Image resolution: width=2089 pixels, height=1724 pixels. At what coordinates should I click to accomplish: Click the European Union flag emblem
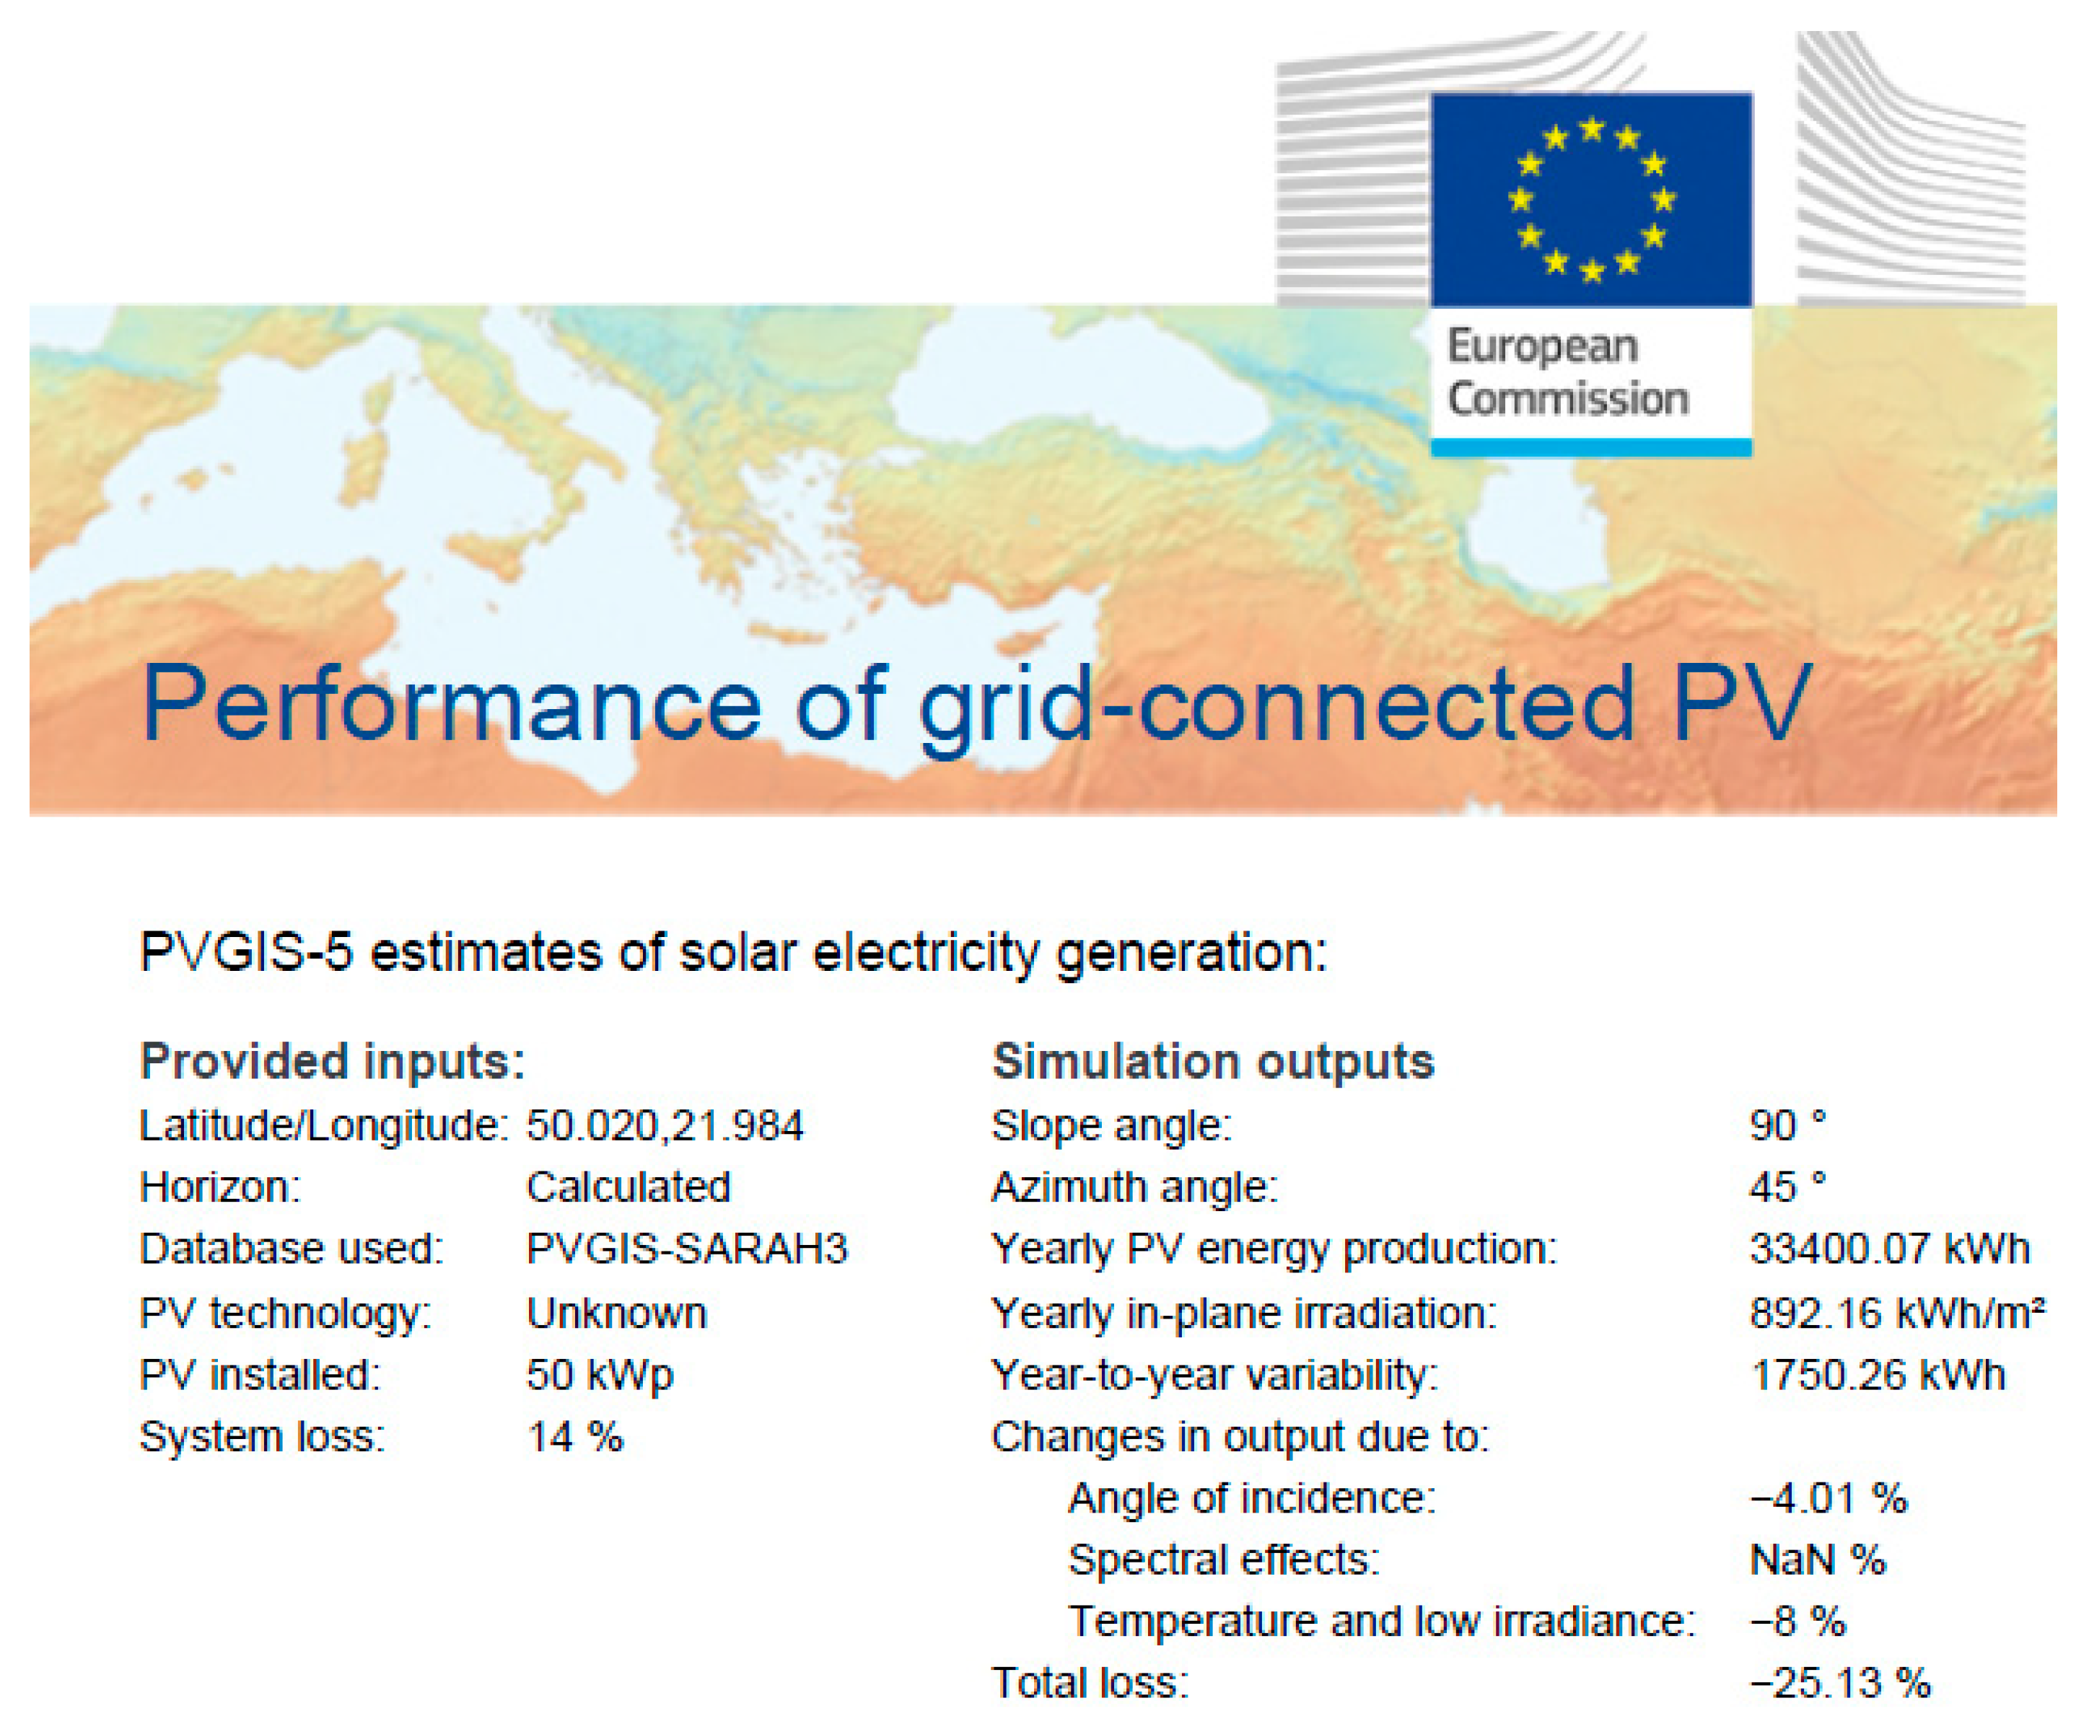tap(1590, 198)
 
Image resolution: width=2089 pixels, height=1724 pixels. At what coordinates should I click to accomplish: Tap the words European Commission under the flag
tap(1567, 372)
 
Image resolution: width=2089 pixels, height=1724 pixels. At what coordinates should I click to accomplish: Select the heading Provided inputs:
tap(333, 1060)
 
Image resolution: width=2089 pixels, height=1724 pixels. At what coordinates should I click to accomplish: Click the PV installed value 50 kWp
tap(600, 1374)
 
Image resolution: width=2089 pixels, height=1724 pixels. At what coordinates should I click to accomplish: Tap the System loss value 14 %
tap(574, 1436)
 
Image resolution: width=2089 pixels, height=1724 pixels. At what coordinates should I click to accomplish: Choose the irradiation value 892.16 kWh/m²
tap(1896, 1313)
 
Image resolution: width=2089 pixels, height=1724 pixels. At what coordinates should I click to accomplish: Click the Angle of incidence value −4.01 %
tap(1828, 1497)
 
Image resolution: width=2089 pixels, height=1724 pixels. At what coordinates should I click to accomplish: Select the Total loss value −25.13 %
tap(1839, 1682)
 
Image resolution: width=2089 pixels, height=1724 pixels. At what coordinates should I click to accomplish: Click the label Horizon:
tap(219, 1187)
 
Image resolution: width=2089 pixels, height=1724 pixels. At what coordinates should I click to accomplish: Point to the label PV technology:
tap(285, 1313)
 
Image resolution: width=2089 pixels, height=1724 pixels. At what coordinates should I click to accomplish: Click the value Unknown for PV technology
tap(616, 1313)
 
